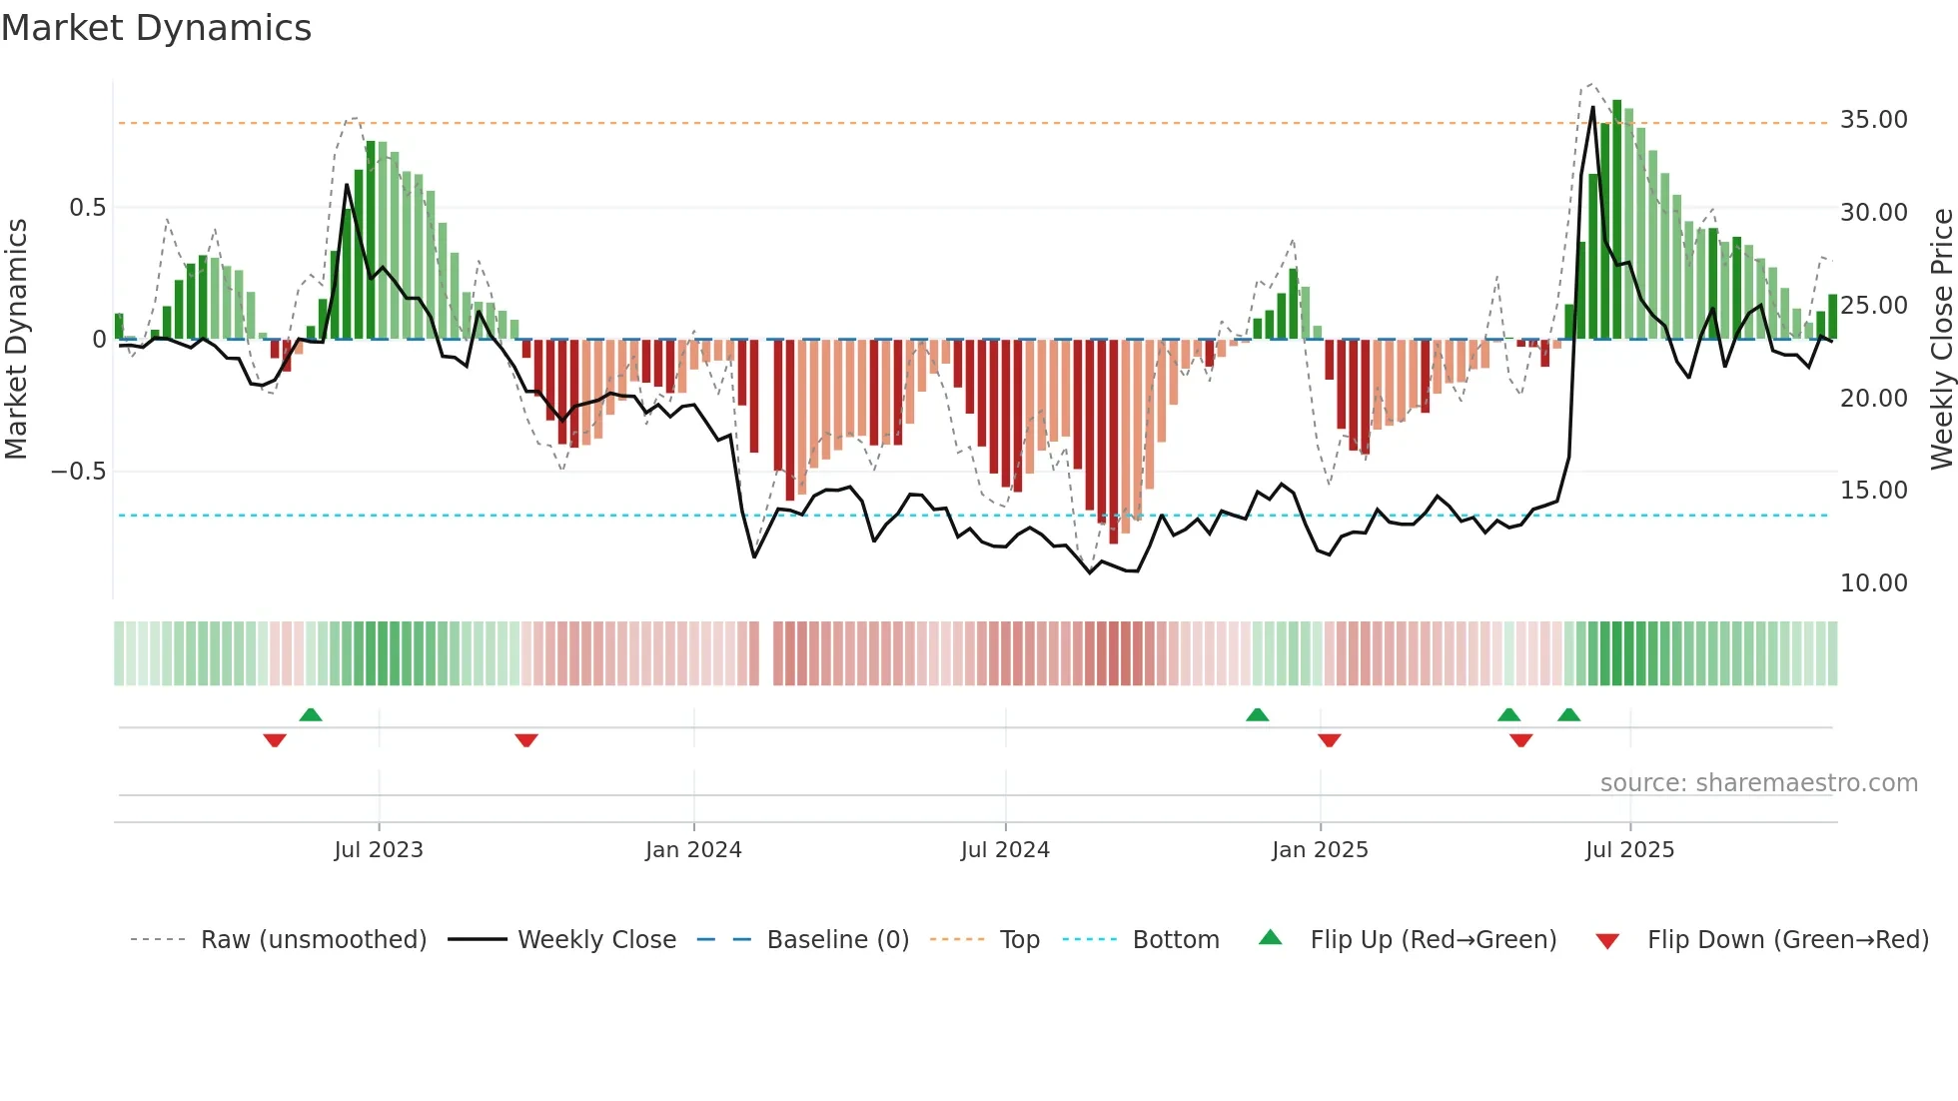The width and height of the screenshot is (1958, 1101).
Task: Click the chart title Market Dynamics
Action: [x=156, y=28]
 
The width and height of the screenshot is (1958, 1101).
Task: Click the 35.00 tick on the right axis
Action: [x=1873, y=120]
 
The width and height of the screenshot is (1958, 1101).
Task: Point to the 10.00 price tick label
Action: [x=1873, y=583]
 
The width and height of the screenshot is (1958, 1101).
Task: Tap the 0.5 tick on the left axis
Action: [x=87, y=208]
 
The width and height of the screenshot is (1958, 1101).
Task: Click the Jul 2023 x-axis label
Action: [x=379, y=850]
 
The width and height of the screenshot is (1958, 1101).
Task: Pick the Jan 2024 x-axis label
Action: [x=693, y=850]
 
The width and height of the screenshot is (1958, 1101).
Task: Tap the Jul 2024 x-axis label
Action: [x=1005, y=850]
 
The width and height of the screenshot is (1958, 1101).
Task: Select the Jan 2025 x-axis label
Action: [x=1320, y=850]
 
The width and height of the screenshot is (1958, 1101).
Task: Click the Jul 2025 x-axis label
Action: [x=1629, y=850]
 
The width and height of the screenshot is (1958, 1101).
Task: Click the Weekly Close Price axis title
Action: [x=1941, y=340]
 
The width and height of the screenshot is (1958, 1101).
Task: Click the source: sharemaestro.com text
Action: [x=1758, y=783]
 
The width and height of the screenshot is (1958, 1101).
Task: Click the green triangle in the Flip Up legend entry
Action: [x=1270, y=938]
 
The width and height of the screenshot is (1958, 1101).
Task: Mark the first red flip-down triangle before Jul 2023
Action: [x=275, y=740]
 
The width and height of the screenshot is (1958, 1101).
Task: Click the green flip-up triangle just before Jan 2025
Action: [x=1258, y=714]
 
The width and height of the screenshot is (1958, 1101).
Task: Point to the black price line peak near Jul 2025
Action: [x=1593, y=108]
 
